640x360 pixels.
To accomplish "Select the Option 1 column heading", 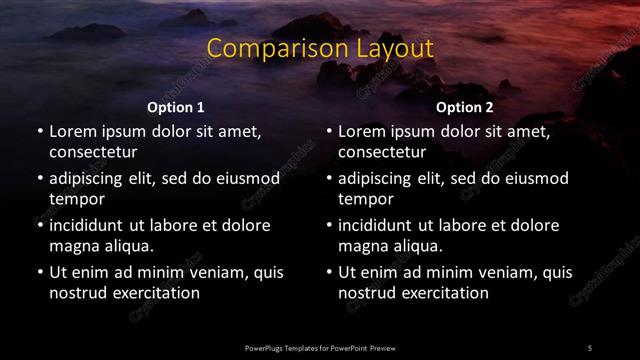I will pos(176,107).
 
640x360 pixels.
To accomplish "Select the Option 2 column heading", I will pos(465,107).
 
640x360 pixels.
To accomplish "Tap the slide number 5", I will pos(590,347).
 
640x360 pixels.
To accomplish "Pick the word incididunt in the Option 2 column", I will pos(379,225).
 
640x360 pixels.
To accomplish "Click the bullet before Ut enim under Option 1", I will pos(39,272).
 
